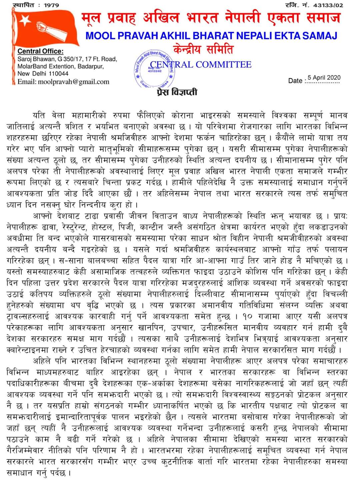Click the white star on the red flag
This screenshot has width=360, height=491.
coord(24,22)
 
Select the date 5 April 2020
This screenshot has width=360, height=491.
coord(324,78)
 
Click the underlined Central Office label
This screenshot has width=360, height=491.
coord(40,51)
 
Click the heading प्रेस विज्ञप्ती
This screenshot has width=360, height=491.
coord(177,92)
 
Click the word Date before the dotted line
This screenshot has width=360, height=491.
coord(295,81)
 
